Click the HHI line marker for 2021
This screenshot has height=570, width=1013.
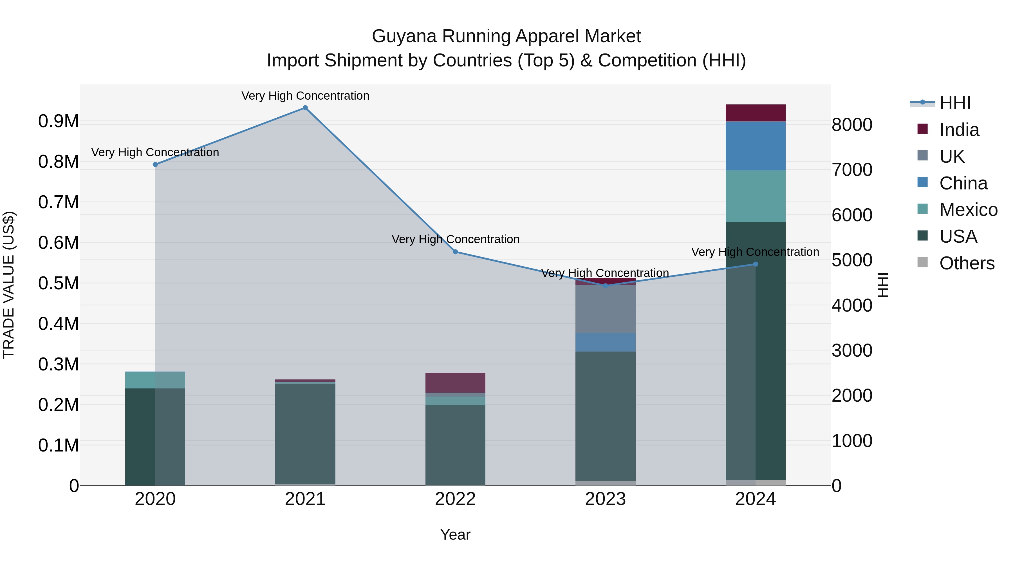click(x=305, y=108)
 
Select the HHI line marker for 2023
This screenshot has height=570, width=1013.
click(x=606, y=286)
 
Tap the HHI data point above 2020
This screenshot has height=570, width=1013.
click(x=155, y=164)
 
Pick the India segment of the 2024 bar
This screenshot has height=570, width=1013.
click(x=756, y=113)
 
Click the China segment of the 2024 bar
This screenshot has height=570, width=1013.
click(x=756, y=146)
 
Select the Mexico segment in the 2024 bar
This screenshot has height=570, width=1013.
click(x=756, y=196)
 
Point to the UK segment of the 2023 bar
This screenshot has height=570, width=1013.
click(x=606, y=309)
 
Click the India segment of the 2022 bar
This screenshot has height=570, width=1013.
click(x=455, y=382)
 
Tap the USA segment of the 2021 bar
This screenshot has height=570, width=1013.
click(x=305, y=433)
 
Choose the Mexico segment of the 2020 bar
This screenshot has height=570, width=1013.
click(x=155, y=380)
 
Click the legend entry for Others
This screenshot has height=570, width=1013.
click(x=967, y=263)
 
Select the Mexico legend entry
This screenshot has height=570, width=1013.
click(x=968, y=210)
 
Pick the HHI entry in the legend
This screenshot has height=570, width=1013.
click(x=955, y=103)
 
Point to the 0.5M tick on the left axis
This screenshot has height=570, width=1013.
click(x=58, y=283)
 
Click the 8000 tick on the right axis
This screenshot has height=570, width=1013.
click(x=852, y=125)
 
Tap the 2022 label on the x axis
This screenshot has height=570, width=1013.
click(x=455, y=499)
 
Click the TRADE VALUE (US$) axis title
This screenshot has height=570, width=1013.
click(x=9, y=285)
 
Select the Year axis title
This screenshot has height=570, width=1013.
click(x=455, y=535)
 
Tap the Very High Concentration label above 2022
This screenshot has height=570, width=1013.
click(x=455, y=239)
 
